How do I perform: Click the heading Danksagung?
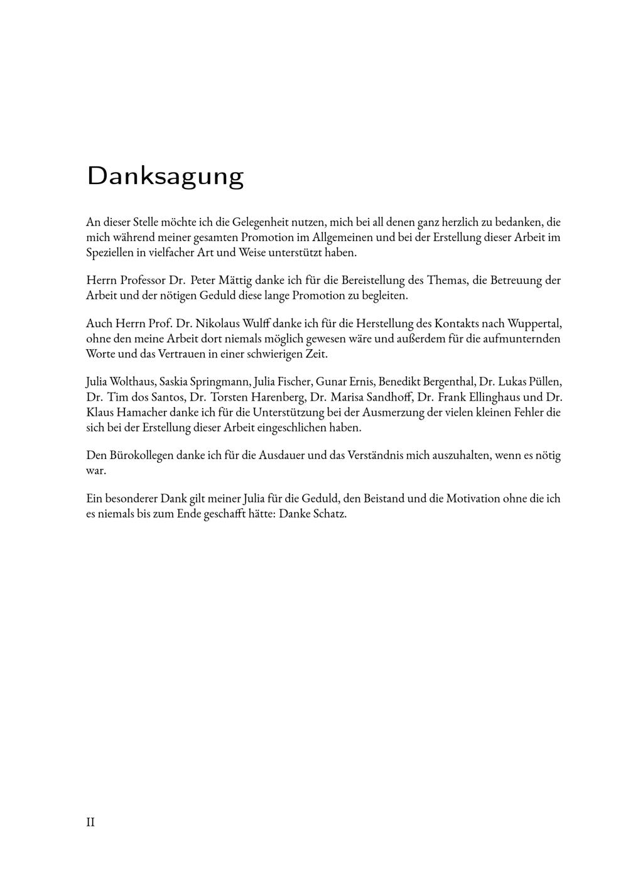(165, 176)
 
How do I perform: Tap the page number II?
(90, 822)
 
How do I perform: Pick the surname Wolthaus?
(131, 382)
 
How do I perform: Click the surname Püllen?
(545, 382)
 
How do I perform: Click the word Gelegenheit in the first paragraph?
(259, 222)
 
